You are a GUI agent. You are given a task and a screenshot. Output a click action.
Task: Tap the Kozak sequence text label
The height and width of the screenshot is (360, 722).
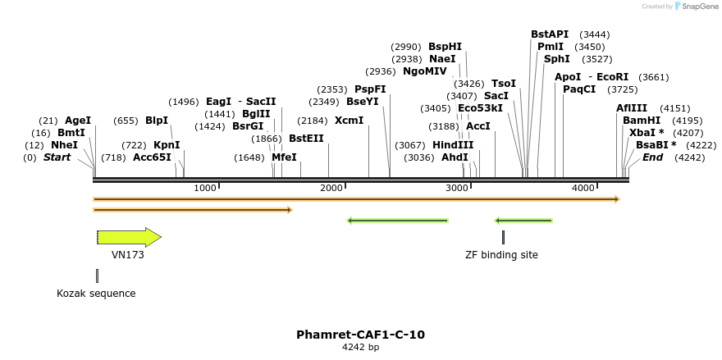point(96,293)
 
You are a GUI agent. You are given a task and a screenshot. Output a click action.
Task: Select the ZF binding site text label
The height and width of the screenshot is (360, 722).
point(501,255)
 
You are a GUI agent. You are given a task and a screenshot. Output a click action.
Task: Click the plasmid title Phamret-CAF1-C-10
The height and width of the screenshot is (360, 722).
point(360,335)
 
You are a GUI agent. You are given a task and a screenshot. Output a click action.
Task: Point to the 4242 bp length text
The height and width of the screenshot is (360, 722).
point(360,347)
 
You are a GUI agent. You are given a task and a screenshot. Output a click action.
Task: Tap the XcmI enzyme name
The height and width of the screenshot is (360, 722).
point(349,120)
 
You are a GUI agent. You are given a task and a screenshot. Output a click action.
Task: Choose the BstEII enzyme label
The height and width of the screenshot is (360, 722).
point(306,139)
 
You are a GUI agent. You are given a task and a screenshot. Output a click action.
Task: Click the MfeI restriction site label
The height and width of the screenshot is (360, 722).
point(284,157)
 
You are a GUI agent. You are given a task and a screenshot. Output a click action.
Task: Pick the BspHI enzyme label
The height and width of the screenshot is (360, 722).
point(446,47)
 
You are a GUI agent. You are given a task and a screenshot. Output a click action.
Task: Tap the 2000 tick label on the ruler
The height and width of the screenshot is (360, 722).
point(331,189)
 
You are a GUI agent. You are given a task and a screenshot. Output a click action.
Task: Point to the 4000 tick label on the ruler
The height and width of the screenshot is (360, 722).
point(583,189)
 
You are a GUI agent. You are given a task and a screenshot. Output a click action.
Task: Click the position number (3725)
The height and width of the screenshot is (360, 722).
point(623,89)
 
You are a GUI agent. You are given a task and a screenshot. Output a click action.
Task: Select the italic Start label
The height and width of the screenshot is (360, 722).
point(57,157)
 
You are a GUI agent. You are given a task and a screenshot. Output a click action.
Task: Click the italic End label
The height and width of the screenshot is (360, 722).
point(652,157)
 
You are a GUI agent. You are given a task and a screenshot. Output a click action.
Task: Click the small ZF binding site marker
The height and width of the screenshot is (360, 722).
point(503,237)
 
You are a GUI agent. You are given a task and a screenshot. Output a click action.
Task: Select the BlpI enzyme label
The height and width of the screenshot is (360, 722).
point(157,120)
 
